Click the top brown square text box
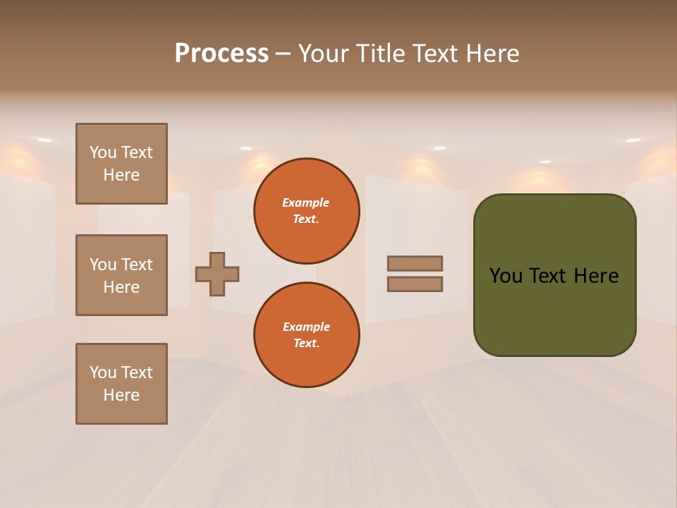[x=121, y=164]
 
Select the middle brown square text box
[x=121, y=275]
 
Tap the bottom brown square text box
[x=121, y=384]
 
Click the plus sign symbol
[x=217, y=274]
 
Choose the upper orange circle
[x=306, y=211]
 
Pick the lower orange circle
[x=306, y=335]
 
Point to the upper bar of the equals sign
[x=415, y=263]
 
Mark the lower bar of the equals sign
[x=415, y=284]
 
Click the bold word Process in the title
[x=221, y=54]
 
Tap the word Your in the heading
[x=324, y=54]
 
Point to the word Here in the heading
[x=492, y=54]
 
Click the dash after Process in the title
[x=283, y=54]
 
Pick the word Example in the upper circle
[x=306, y=202]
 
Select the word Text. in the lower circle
[x=306, y=343]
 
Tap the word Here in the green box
[x=596, y=275]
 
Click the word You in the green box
[x=506, y=275]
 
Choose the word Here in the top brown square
[x=121, y=175]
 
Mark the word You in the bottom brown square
[x=103, y=373]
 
